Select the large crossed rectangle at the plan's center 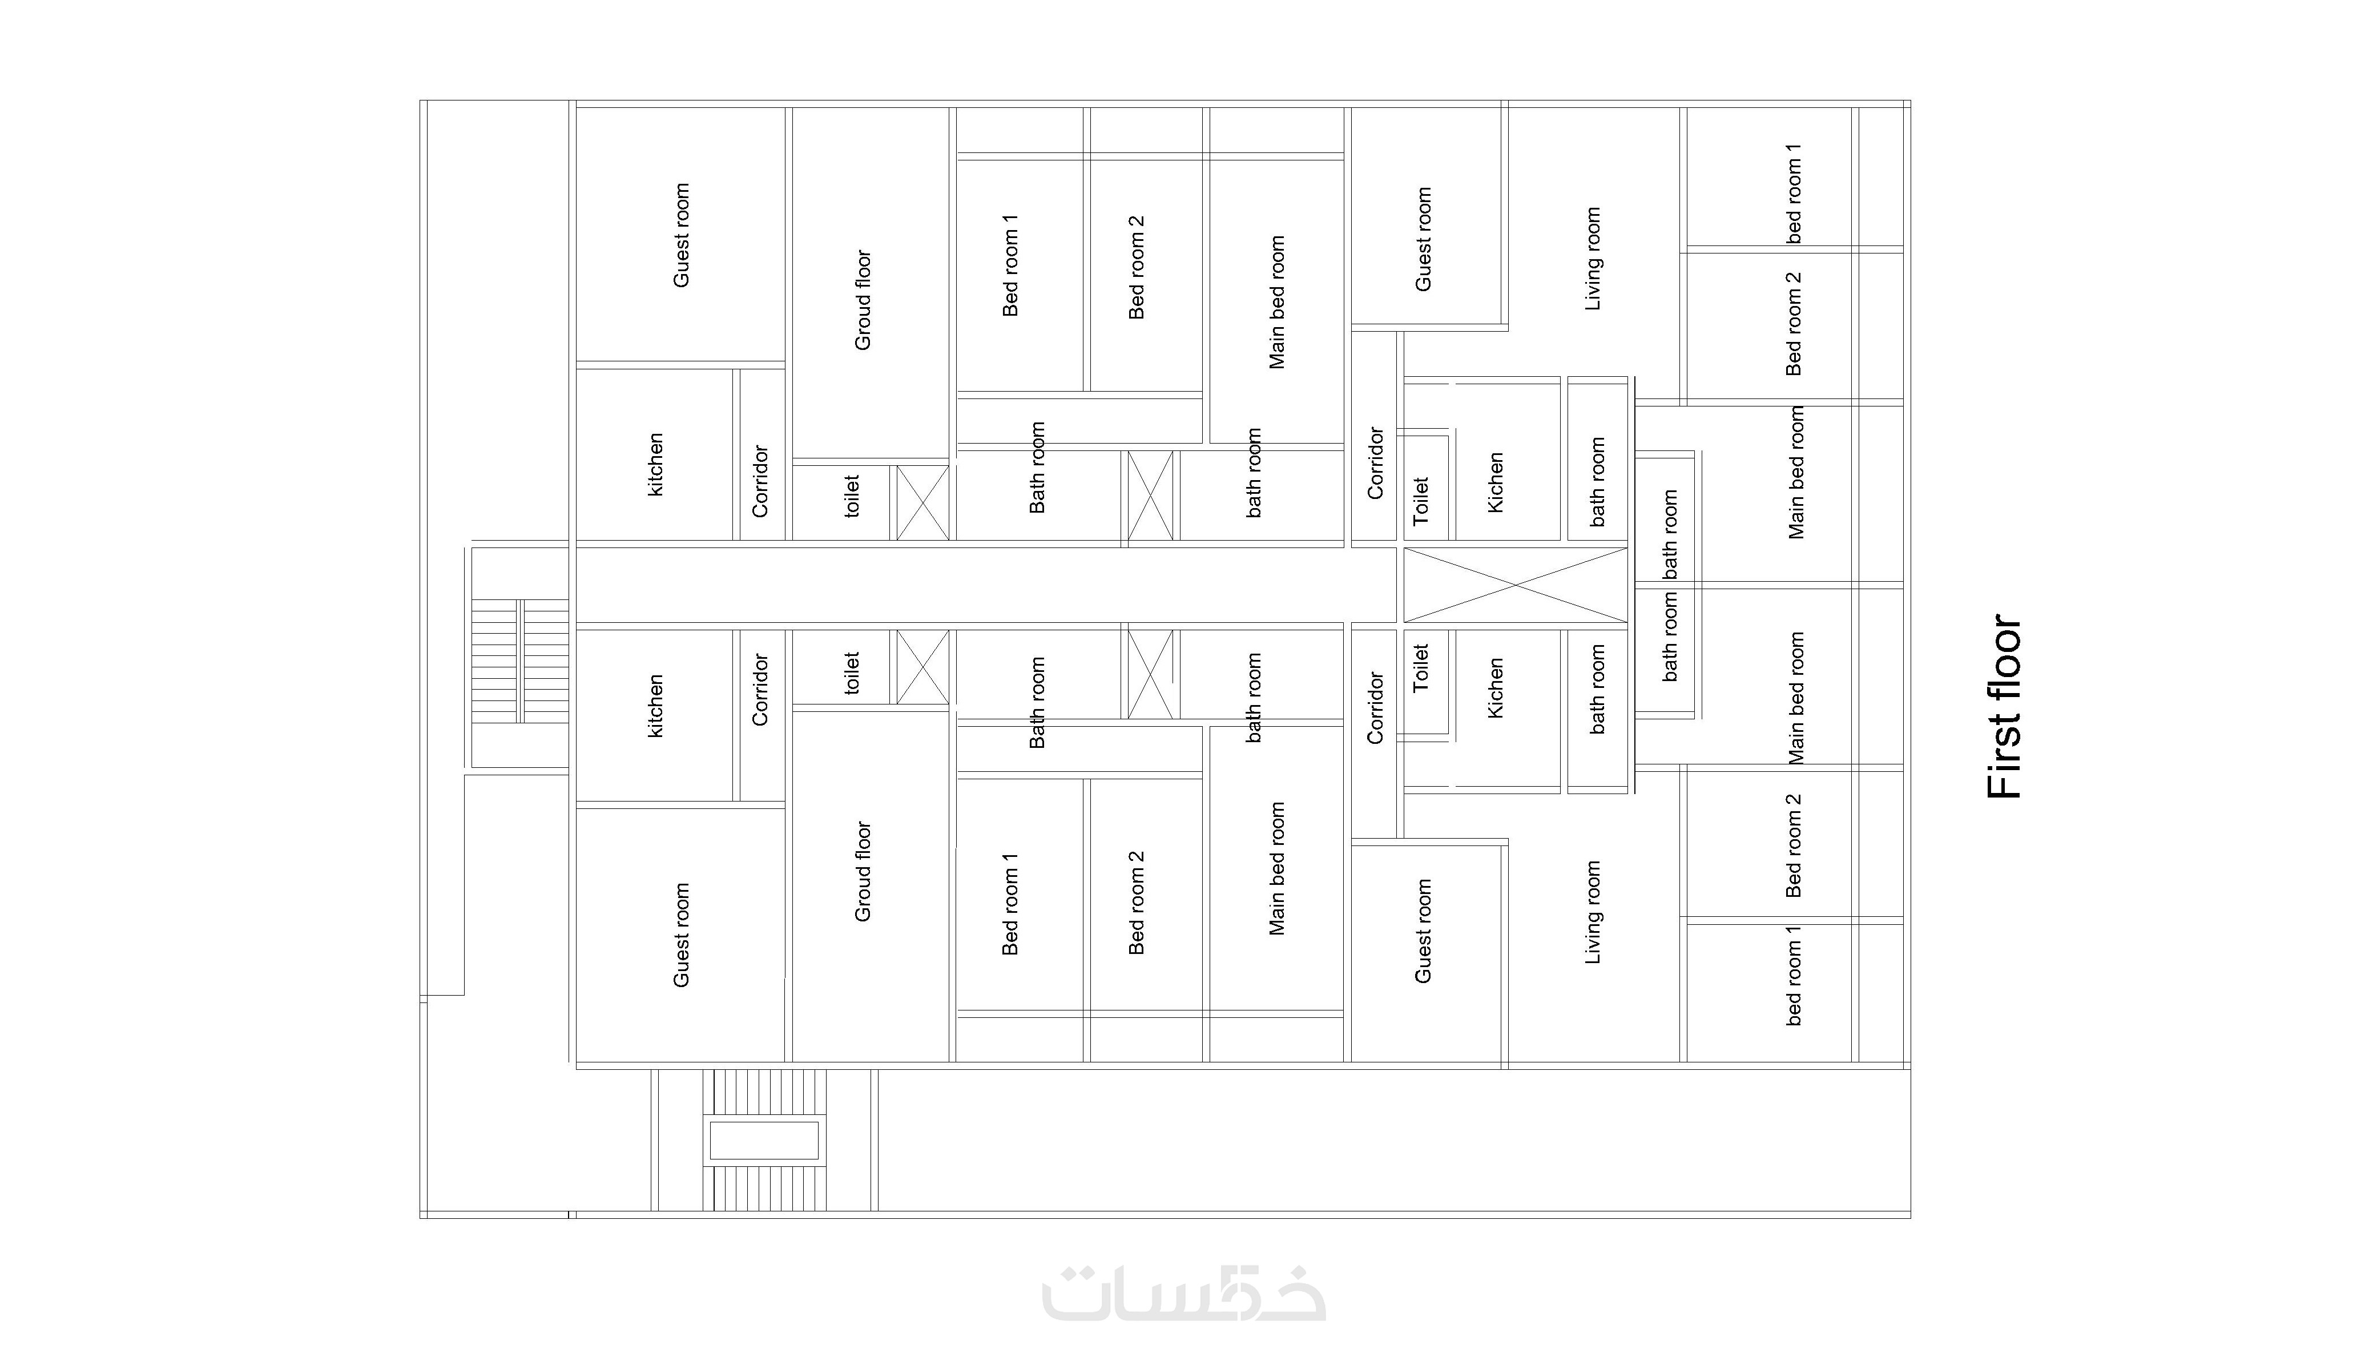(x=1515, y=585)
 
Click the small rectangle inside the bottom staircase (x=764, y=1141)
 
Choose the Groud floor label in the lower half (x=863, y=871)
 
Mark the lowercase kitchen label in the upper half (x=655, y=465)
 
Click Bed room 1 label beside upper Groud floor (x=1010, y=265)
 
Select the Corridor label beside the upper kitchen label (x=760, y=481)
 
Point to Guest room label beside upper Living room (x=1423, y=239)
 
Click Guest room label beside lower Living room (x=1423, y=931)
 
